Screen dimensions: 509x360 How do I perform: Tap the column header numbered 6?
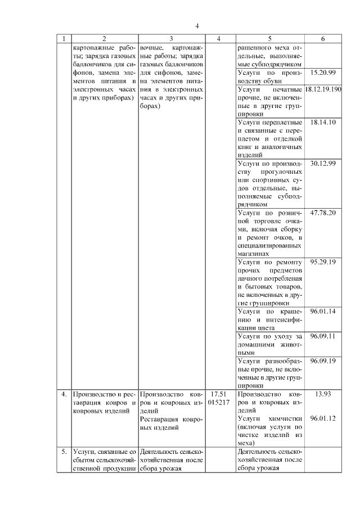[322, 39]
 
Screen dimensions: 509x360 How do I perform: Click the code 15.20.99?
[323, 73]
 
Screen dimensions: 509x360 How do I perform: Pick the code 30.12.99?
[323, 163]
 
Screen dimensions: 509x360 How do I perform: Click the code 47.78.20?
[323, 213]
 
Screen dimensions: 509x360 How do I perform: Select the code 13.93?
[323, 394]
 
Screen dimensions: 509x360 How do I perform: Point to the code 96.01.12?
[323, 418]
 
